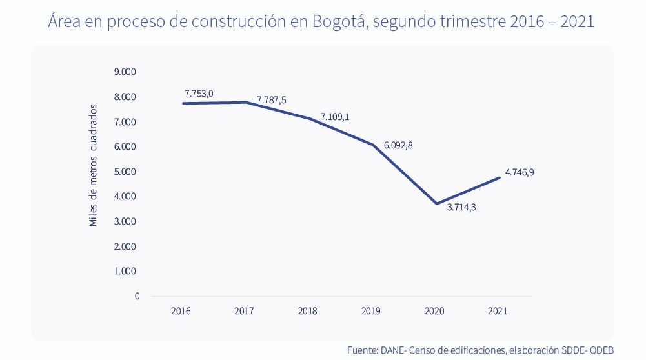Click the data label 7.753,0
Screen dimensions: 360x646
199,94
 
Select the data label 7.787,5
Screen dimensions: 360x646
271,100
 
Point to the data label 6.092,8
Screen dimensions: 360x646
398,145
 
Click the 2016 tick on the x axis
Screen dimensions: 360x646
181,311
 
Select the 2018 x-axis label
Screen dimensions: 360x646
308,311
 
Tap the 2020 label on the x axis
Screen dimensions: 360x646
434,311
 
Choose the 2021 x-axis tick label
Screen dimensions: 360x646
498,311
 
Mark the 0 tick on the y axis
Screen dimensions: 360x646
137,296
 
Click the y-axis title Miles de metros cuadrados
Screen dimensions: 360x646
93,165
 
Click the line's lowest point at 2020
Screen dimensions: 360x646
437,204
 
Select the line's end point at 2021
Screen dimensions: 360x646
500,177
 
